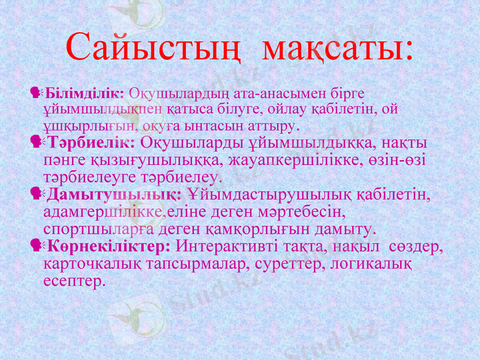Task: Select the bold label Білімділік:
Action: point(85,94)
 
